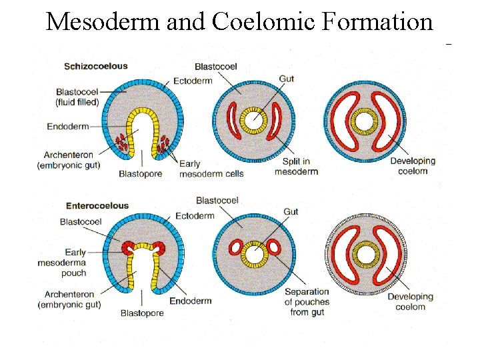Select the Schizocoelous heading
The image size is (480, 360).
pos(95,66)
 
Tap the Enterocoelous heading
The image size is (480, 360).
pos(97,205)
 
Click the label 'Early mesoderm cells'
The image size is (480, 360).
pos(211,169)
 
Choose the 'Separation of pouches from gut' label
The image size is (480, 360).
pos(307,301)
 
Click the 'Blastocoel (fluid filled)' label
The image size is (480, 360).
pos(77,97)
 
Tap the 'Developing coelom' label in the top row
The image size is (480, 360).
pos(412,166)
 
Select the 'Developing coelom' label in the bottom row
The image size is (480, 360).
pos(409,301)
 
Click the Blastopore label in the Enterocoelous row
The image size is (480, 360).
pos(143,313)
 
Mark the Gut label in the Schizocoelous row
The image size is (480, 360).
pos(286,79)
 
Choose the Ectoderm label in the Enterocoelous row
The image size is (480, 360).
pos(195,215)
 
